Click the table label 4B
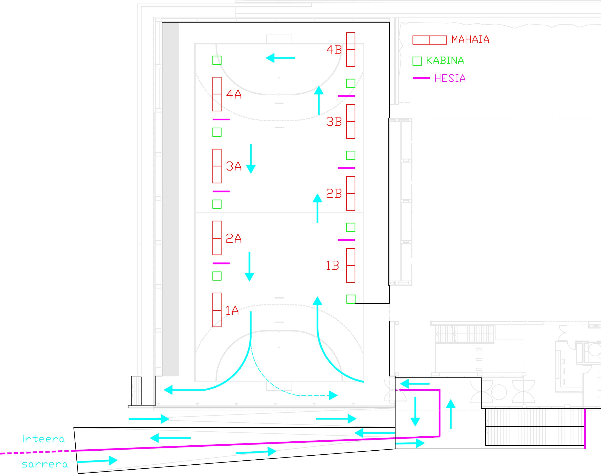coord(334,50)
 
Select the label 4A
coord(234,94)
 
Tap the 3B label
coord(334,122)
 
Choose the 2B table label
coord(334,193)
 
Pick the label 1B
coord(332,266)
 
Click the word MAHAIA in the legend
coord(470,39)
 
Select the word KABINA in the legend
coord(445,61)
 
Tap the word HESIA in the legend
coord(450,79)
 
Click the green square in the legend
coord(417,61)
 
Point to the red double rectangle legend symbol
coord(430,40)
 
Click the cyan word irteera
coord(44,439)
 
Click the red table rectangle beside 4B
coord(351,50)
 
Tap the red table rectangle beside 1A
coord(217,310)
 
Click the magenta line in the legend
coord(421,78)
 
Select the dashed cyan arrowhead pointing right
coord(333,395)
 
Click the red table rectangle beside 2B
coord(351,193)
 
